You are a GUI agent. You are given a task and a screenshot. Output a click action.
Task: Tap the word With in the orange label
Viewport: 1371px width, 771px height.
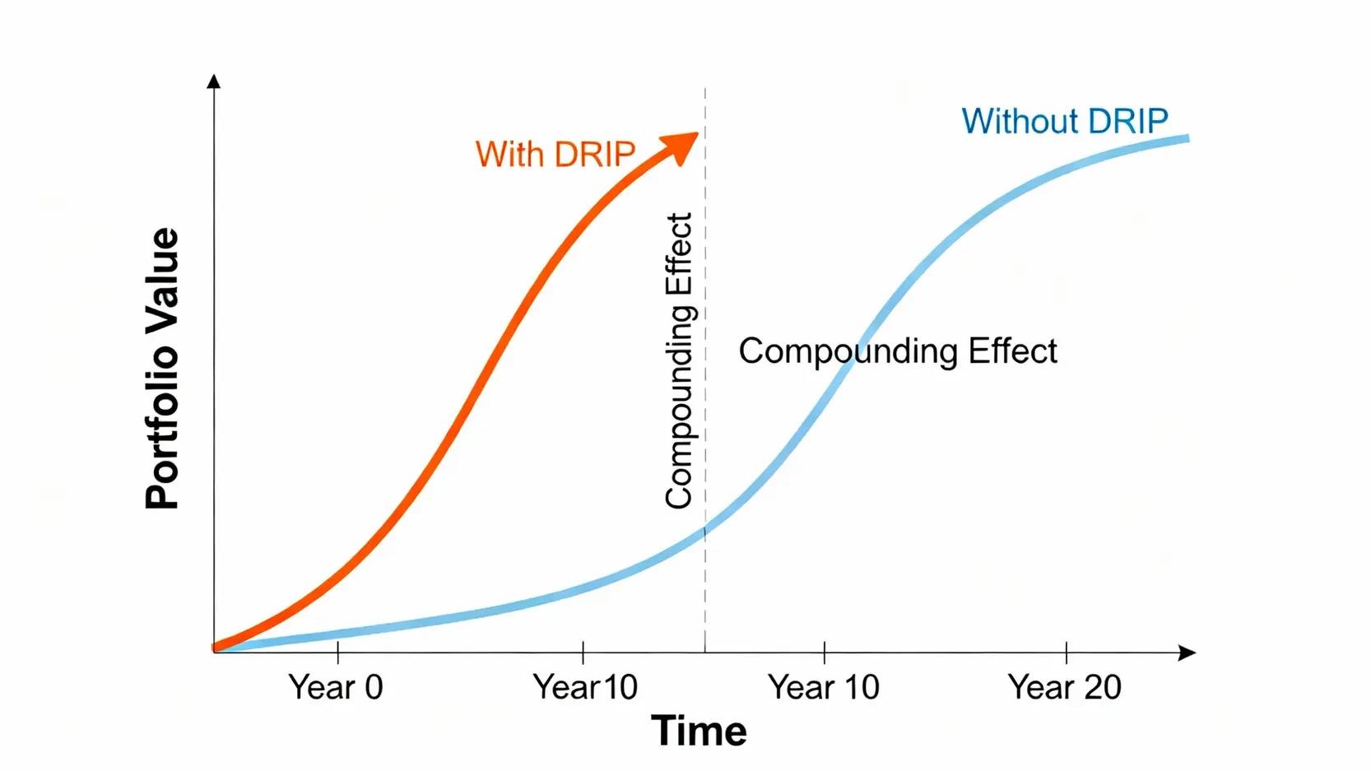509,154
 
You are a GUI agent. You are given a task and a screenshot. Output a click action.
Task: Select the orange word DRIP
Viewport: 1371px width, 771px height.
594,154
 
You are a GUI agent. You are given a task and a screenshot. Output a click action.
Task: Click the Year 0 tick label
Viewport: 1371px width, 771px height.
336,686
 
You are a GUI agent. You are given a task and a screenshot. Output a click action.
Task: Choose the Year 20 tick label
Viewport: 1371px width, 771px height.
1064,686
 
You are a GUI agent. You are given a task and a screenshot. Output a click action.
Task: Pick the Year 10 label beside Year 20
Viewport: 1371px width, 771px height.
823,686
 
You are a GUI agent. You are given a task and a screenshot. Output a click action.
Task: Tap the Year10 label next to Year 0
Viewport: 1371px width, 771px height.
584,686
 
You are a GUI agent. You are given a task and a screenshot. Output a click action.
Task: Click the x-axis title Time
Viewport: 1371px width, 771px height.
699,731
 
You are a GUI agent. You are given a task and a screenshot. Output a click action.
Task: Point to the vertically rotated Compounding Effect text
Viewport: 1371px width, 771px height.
679,360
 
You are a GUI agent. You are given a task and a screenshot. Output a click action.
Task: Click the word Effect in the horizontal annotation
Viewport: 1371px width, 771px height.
1013,351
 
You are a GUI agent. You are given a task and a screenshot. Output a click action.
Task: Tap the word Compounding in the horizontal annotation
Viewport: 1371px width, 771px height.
848,352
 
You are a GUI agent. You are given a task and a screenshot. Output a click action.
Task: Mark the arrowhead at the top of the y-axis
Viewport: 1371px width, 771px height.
214,81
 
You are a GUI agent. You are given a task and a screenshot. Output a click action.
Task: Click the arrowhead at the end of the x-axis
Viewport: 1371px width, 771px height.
1187,653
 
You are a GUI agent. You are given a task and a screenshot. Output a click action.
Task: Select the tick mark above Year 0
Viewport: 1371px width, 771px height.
338,653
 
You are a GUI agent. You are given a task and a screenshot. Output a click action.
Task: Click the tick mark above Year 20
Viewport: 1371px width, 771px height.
1067,653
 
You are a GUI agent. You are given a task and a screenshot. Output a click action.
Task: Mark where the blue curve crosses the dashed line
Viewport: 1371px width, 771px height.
705,531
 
